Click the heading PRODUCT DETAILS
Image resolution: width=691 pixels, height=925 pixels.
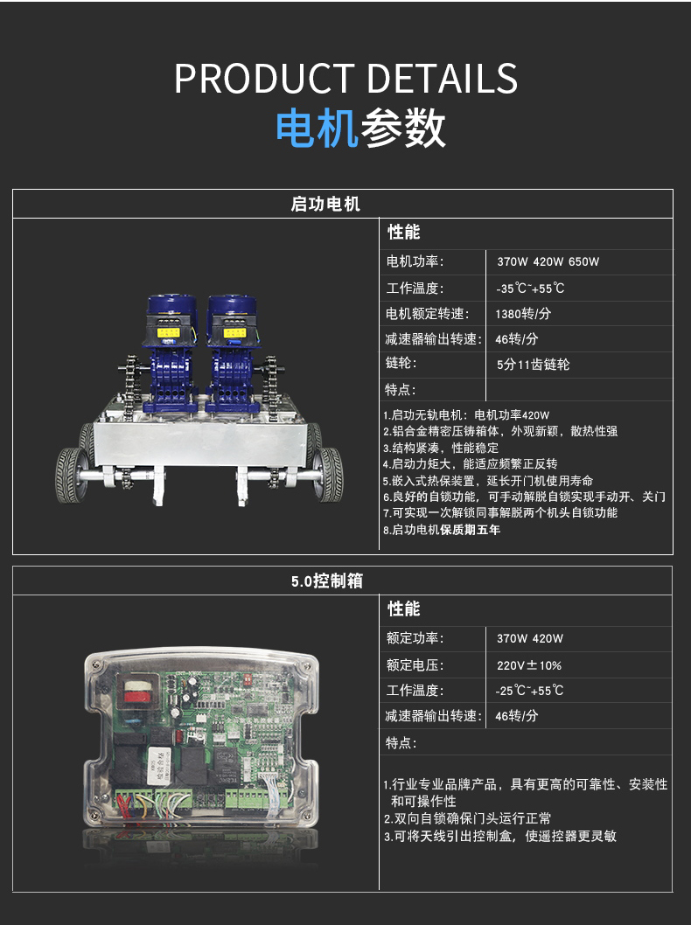click(345, 79)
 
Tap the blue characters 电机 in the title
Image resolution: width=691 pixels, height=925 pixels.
click(317, 128)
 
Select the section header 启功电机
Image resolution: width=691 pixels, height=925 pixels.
click(325, 204)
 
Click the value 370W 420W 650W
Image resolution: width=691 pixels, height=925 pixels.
click(548, 262)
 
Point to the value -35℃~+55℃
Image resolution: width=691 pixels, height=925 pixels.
click(530, 289)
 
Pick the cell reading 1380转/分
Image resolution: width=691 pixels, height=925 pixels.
click(523, 314)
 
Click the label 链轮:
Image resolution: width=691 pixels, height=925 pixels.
click(401, 363)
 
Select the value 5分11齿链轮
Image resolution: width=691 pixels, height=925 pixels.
click(533, 365)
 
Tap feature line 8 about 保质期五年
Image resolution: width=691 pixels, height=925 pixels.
click(442, 530)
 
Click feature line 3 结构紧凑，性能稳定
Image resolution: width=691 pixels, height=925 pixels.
click(440, 448)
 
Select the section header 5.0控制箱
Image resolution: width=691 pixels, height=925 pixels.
click(327, 581)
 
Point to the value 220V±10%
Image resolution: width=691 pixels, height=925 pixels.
click(528, 665)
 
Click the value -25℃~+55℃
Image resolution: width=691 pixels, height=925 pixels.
click(529, 690)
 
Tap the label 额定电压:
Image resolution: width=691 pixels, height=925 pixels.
click(415, 665)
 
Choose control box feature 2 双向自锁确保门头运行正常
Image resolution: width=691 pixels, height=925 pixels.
click(467, 819)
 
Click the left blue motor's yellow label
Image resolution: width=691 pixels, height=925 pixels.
click(168, 333)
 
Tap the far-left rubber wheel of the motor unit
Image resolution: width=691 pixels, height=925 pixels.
click(71, 476)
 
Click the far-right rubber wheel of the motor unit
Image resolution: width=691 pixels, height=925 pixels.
click(329, 474)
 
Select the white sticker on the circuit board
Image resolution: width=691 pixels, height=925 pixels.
click(156, 765)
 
